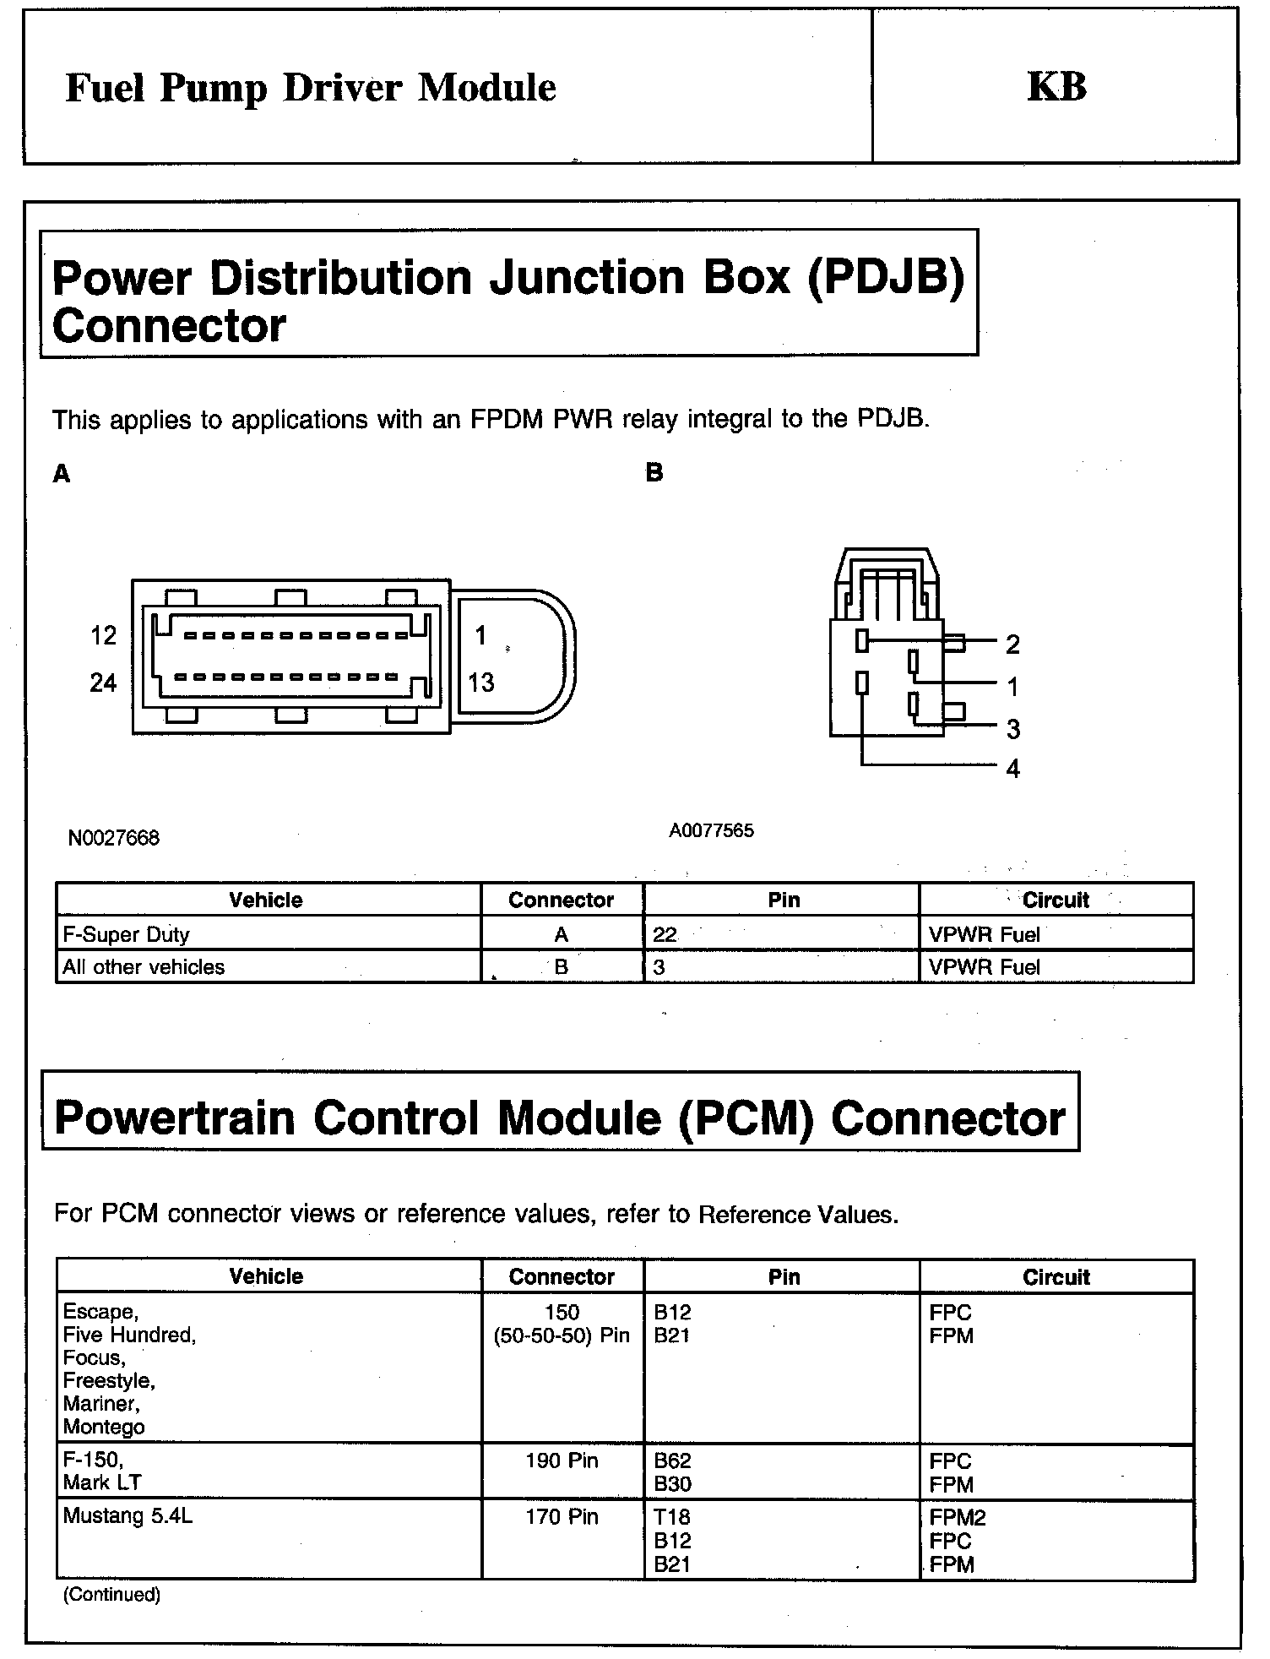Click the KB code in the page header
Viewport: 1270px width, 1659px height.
point(1056,87)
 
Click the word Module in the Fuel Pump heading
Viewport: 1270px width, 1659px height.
point(487,88)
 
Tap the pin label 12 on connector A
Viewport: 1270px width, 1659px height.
point(103,635)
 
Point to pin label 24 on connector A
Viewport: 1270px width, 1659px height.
point(103,683)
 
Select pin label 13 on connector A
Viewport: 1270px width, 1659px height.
point(481,683)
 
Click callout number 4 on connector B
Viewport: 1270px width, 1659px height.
point(1012,769)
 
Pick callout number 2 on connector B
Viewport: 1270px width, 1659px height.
point(1012,645)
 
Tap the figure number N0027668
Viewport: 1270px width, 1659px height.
point(114,838)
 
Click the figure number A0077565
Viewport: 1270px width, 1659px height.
point(711,830)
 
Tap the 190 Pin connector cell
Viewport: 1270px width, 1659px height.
point(562,1460)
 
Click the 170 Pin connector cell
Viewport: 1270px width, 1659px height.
point(562,1516)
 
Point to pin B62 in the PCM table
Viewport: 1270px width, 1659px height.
point(672,1460)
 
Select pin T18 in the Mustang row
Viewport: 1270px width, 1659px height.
point(672,1517)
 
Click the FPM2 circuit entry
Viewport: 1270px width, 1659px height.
point(958,1517)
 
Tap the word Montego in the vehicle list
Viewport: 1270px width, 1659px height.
point(104,1427)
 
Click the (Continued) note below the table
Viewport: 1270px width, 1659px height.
point(111,1594)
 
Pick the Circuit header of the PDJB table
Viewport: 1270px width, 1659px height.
point(1056,900)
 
